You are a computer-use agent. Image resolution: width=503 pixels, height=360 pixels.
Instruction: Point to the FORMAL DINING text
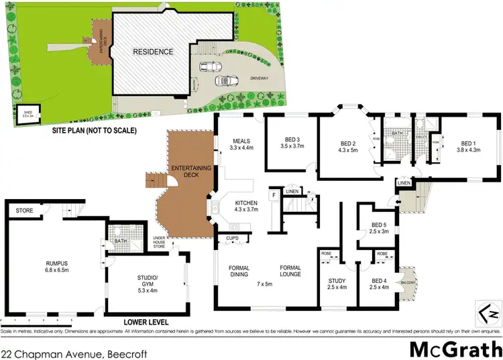click(239, 272)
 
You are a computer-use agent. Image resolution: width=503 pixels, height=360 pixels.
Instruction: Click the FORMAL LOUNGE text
click(290, 272)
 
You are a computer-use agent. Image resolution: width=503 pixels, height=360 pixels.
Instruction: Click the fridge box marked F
click(274, 195)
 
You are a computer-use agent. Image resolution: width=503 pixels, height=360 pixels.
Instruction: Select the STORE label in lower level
click(24, 211)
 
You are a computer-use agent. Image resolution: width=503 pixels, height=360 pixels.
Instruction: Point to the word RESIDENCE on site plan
click(153, 52)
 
